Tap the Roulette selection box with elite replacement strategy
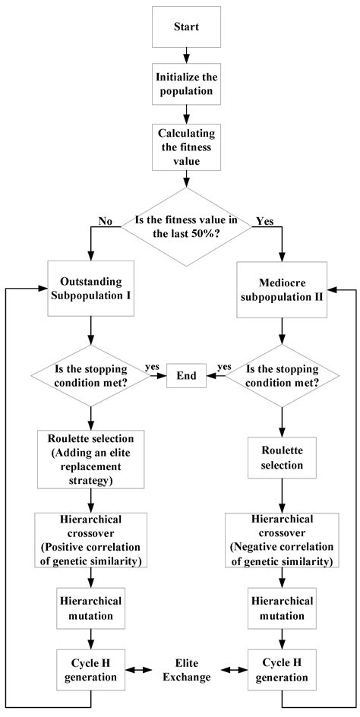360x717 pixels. tap(91, 459)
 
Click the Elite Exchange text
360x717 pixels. tap(186, 670)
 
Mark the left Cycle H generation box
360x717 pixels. tap(91, 670)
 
